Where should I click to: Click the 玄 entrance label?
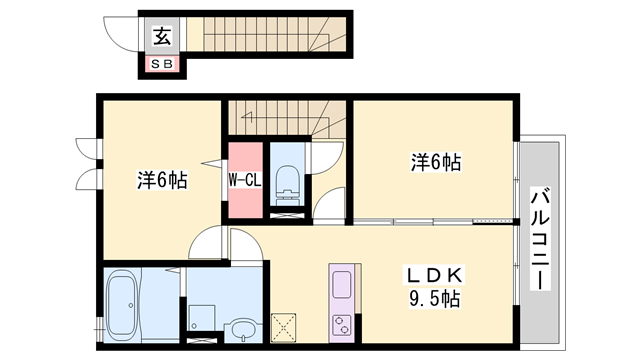coord(160,37)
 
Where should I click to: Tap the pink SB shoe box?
coord(160,63)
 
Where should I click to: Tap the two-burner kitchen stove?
coord(340,324)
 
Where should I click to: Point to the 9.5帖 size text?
coord(431,299)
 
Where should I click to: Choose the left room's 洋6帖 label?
coord(162,181)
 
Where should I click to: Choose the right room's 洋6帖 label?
coord(435,161)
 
